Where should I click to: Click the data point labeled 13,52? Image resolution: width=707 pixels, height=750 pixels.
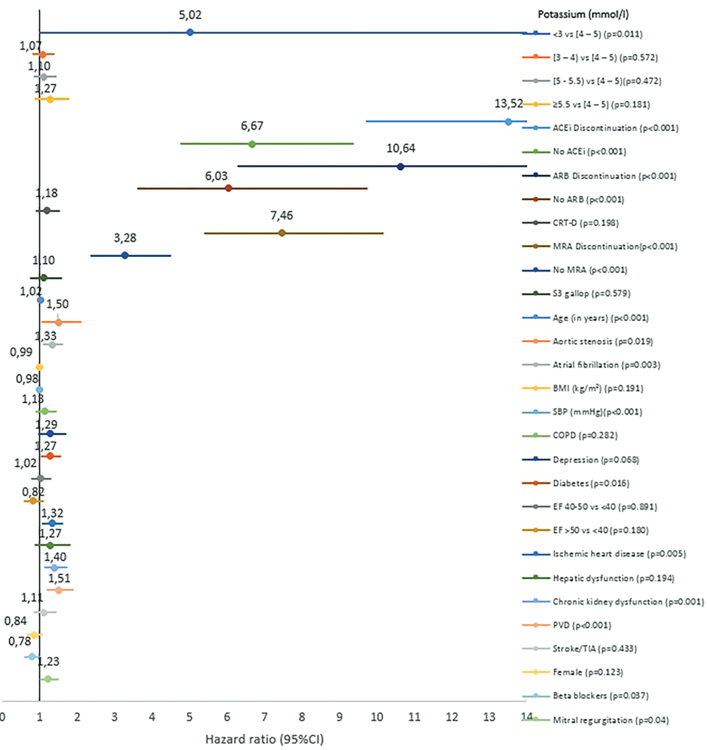point(508,121)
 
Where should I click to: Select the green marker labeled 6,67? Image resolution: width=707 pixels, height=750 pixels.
point(252,144)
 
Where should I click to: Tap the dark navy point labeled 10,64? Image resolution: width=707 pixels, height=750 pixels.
point(401,166)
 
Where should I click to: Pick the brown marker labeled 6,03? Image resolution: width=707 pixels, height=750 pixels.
point(228,188)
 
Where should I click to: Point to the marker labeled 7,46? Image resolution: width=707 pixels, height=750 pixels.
point(282,233)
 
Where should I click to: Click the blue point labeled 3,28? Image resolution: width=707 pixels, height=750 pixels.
point(124,255)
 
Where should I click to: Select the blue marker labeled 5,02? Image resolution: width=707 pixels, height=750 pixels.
point(190,32)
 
